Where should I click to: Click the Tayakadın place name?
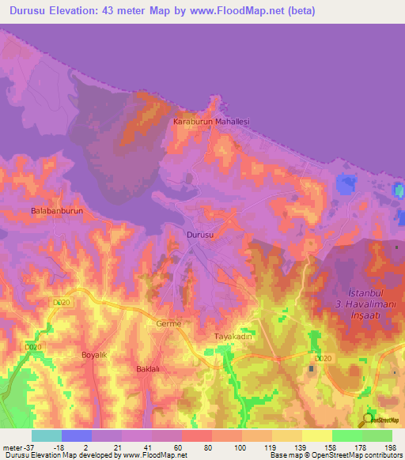click(x=233, y=336)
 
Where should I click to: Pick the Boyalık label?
click(x=94, y=355)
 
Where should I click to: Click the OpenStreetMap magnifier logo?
click(x=368, y=420)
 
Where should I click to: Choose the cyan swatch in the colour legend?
click(x=47, y=435)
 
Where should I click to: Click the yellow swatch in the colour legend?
click(x=316, y=435)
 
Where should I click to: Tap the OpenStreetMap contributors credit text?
click(x=354, y=455)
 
